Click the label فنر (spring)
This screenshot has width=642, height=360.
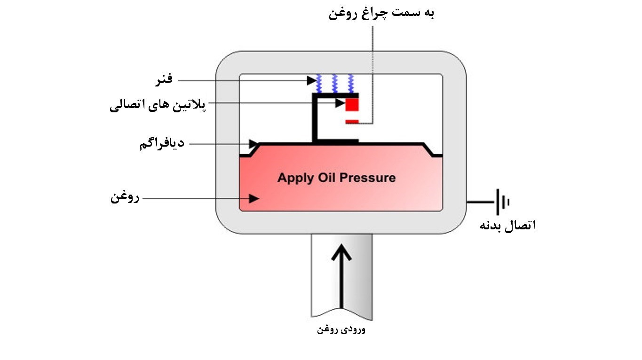click(164, 79)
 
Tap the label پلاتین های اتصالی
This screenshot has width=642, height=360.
click(158, 105)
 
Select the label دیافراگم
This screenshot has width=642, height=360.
click(162, 143)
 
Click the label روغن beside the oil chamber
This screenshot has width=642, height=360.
click(125, 197)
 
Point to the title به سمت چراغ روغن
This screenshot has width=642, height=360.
click(381, 14)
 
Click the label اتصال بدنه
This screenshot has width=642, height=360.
click(508, 226)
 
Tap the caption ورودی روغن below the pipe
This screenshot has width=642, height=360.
click(341, 329)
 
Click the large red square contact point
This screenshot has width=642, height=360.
click(352, 104)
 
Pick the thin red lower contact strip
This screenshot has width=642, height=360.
click(352, 122)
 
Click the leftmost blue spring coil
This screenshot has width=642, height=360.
click(319, 84)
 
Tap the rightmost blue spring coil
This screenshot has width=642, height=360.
click(350, 84)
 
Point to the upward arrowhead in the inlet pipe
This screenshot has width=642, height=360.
click(341, 252)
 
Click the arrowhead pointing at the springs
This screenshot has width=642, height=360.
click(312, 80)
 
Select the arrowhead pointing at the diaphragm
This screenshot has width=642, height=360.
click(254, 144)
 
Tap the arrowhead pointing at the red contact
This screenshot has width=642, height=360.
click(340, 103)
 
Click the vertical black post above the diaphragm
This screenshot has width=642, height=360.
click(315, 118)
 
